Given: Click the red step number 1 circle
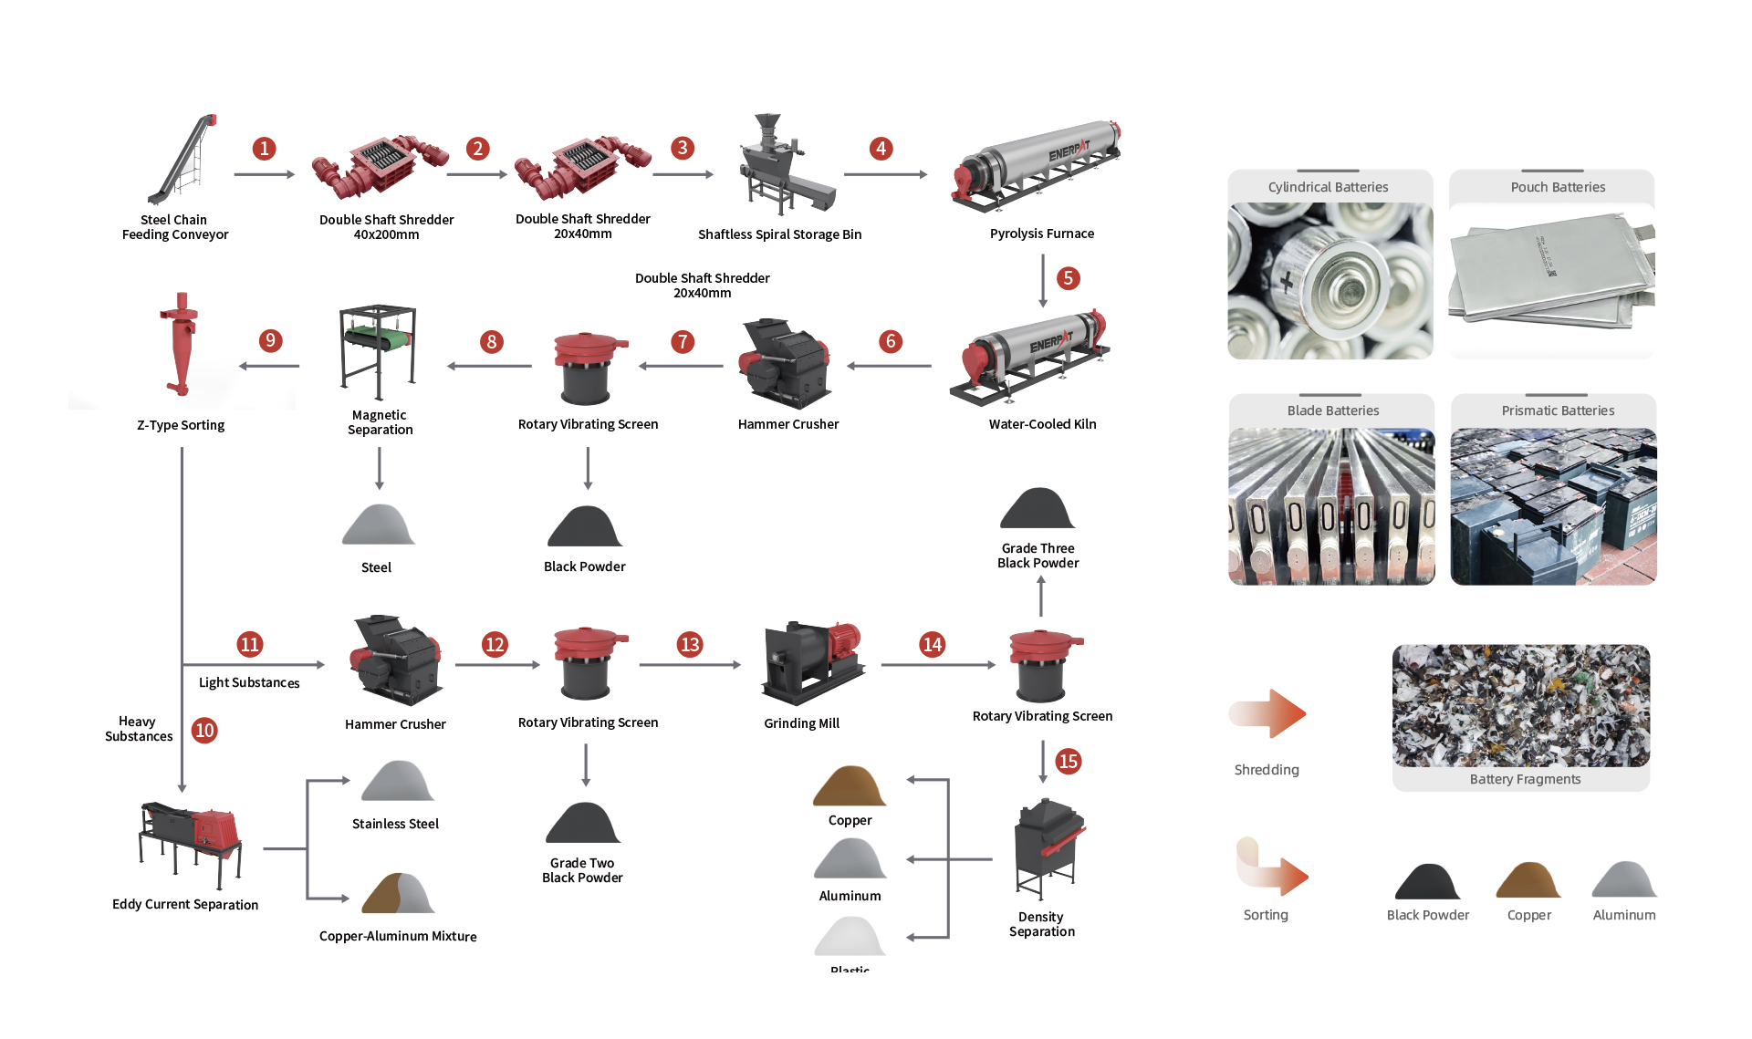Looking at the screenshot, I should coord(264,149).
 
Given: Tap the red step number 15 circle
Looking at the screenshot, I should coord(1068,761).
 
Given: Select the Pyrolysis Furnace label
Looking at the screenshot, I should coord(1041,234).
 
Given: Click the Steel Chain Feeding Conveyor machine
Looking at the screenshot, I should coord(182,161).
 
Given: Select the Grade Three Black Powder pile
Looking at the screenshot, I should coord(1038,509).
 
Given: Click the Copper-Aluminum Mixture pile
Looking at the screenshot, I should coord(398,894).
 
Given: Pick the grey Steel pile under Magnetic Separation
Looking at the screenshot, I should coord(378,525).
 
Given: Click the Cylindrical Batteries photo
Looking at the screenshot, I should coord(1330,281).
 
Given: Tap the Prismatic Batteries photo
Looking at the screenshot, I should coord(1553,506).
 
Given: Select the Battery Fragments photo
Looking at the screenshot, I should coord(1520,706).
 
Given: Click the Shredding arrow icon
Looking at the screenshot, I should coord(1268,713).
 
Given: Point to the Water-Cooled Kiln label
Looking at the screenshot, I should coord(1042,424).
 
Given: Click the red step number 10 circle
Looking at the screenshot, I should coord(204,730).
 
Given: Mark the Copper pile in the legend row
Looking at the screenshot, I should coord(1528,880).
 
